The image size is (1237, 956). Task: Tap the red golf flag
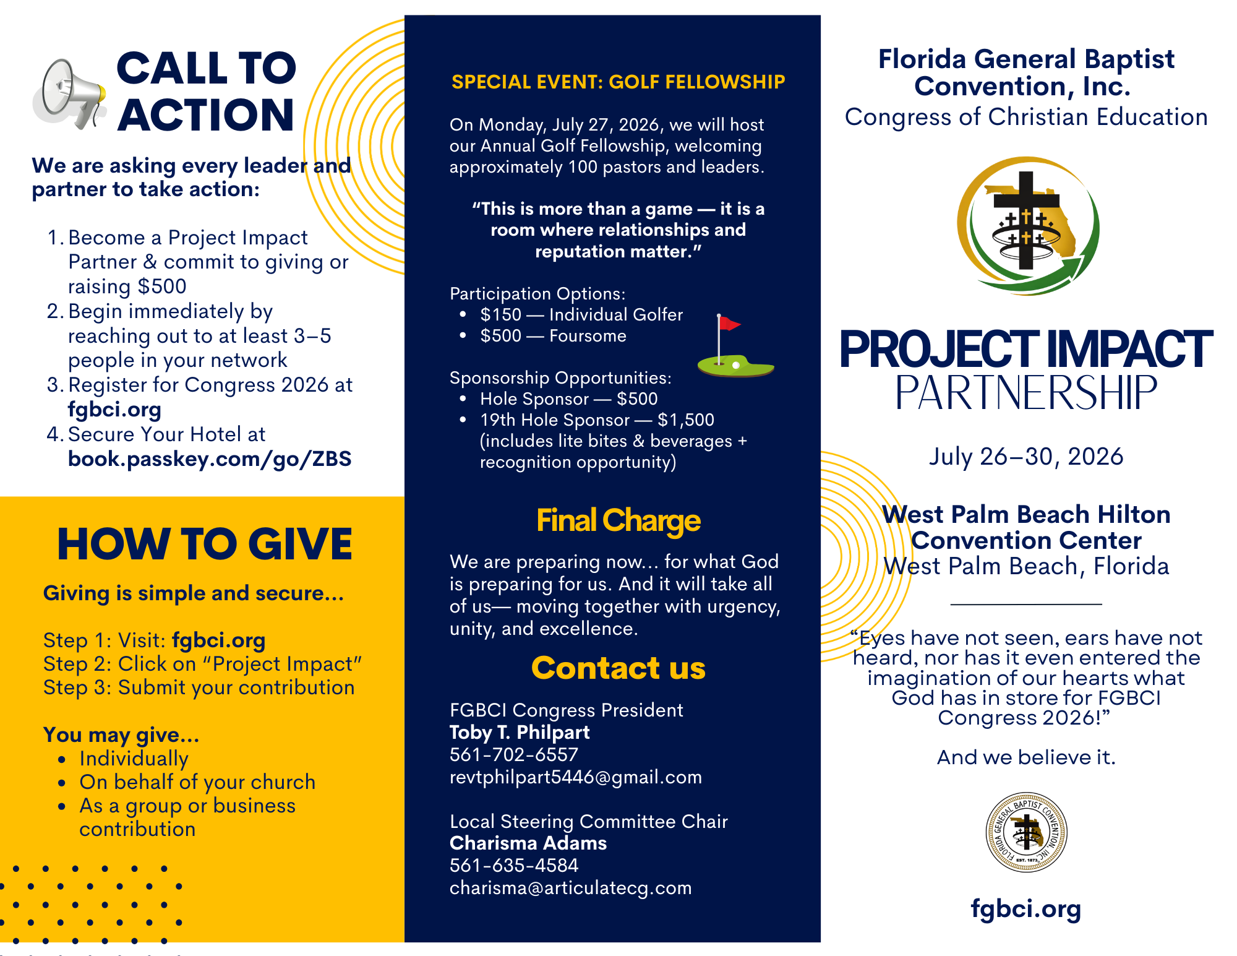click(x=729, y=324)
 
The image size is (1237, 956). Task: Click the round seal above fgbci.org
click(x=1026, y=832)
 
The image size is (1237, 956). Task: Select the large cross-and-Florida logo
click(x=1027, y=225)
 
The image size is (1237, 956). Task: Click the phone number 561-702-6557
click(x=513, y=755)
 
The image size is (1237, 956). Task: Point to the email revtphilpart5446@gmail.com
click(x=575, y=777)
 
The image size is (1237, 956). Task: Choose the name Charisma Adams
click(x=528, y=843)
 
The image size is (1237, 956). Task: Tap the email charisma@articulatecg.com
click(x=570, y=888)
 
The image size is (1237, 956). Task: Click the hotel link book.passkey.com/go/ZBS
click(x=210, y=459)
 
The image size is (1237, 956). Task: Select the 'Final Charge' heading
click(x=618, y=521)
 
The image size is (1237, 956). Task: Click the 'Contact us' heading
click(x=618, y=668)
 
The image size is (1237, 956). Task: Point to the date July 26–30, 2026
click(x=1025, y=457)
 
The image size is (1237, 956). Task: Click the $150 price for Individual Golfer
click(x=500, y=315)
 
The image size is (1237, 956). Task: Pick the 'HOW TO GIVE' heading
click(x=205, y=545)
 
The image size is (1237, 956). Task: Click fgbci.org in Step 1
click(x=218, y=640)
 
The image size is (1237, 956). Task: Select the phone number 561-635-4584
click(x=513, y=866)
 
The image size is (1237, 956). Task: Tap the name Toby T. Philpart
click(x=519, y=733)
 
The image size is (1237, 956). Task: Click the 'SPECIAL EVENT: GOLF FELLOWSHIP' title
click(x=618, y=82)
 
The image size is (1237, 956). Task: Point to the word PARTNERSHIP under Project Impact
click(x=1025, y=393)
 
